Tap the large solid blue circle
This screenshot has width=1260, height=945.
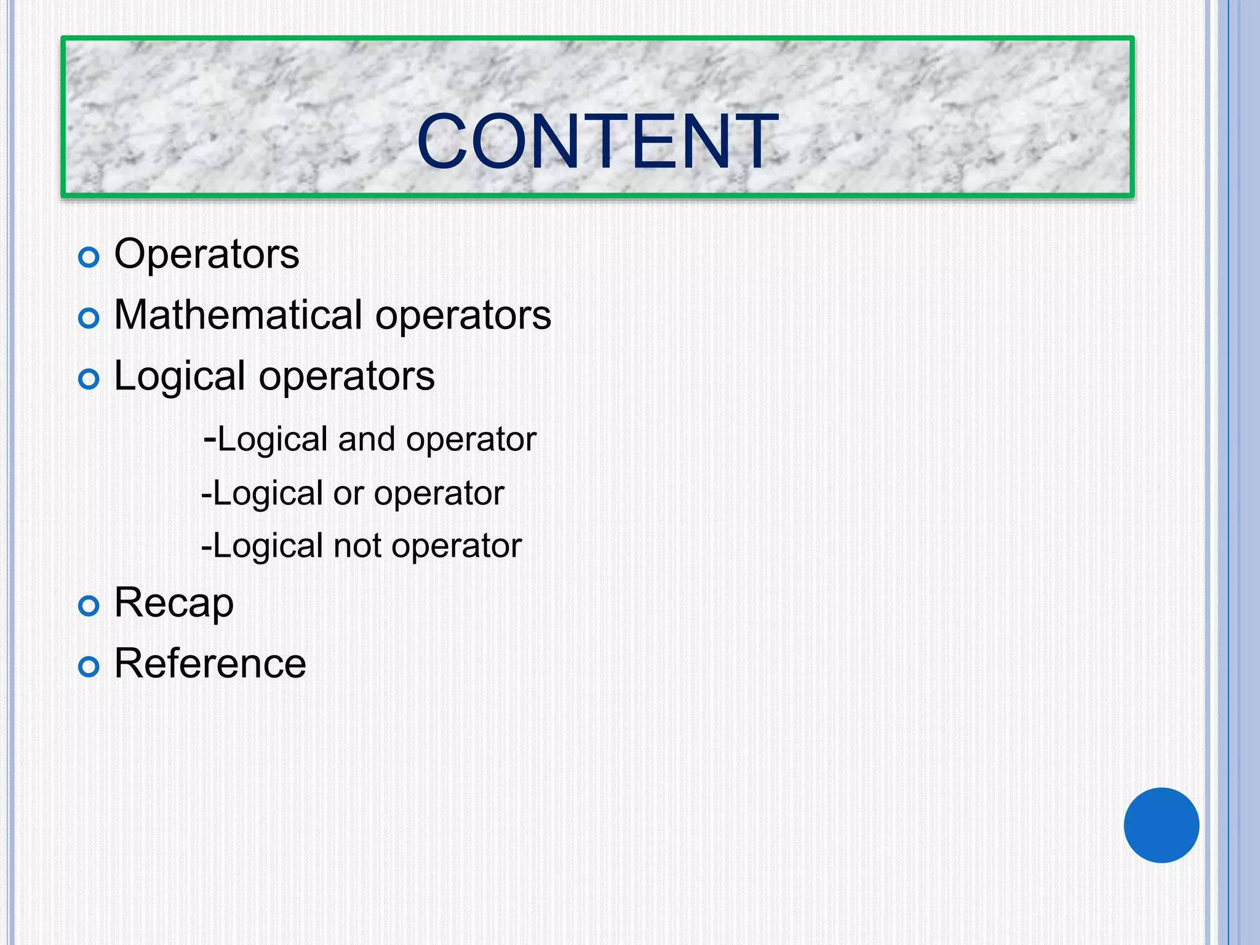[x=1161, y=825]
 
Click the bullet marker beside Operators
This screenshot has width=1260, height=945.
[x=89, y=257]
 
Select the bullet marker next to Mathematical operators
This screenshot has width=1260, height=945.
[x=89, y=318]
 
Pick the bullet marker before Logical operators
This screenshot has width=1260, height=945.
[x=89, y=379]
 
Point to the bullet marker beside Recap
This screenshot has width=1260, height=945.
[x=89, y=606]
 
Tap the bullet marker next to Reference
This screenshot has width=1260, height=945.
[x=89, y=667]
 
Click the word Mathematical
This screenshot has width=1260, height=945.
[x=238, y=314]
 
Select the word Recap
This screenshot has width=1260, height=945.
[x=174, y=603]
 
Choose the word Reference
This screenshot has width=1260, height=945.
[x=210, y=663]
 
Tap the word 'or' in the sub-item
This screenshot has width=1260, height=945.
[x=348, y=493]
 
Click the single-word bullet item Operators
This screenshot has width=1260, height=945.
[x=207, y=253]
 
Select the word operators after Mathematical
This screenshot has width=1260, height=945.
[x=463, y=316]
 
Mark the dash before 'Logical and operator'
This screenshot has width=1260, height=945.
[x=209, y=439]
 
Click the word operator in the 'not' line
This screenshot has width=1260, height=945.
[x=457, y=546]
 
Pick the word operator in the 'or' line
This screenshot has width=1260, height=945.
[x=439, y=493]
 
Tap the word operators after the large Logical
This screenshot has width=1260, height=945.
[x=346, y=377]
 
